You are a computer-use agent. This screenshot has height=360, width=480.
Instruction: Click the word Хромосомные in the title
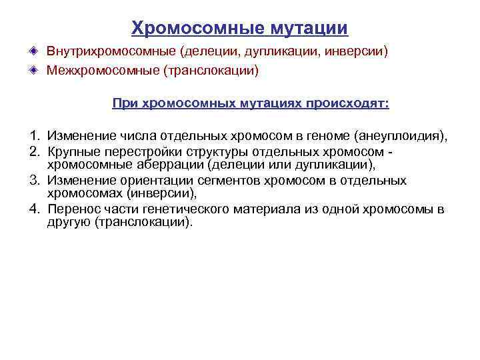pyautogui.click(x=198, y=28)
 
